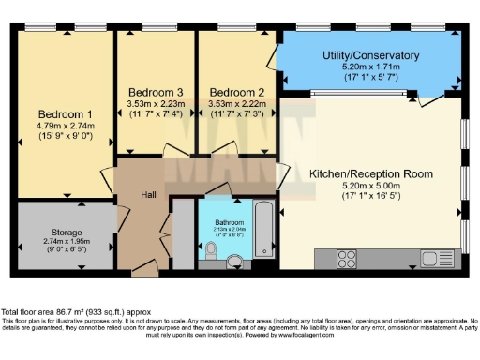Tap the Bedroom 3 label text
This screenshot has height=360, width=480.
click(x=155, y=92)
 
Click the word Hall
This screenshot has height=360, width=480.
click(x=148, y=194)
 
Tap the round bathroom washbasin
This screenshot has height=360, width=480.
click(x=234, y=262)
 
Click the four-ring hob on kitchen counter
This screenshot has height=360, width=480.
click(x=347, y=258)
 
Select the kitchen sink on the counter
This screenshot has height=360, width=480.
click(x=435, y=258)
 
